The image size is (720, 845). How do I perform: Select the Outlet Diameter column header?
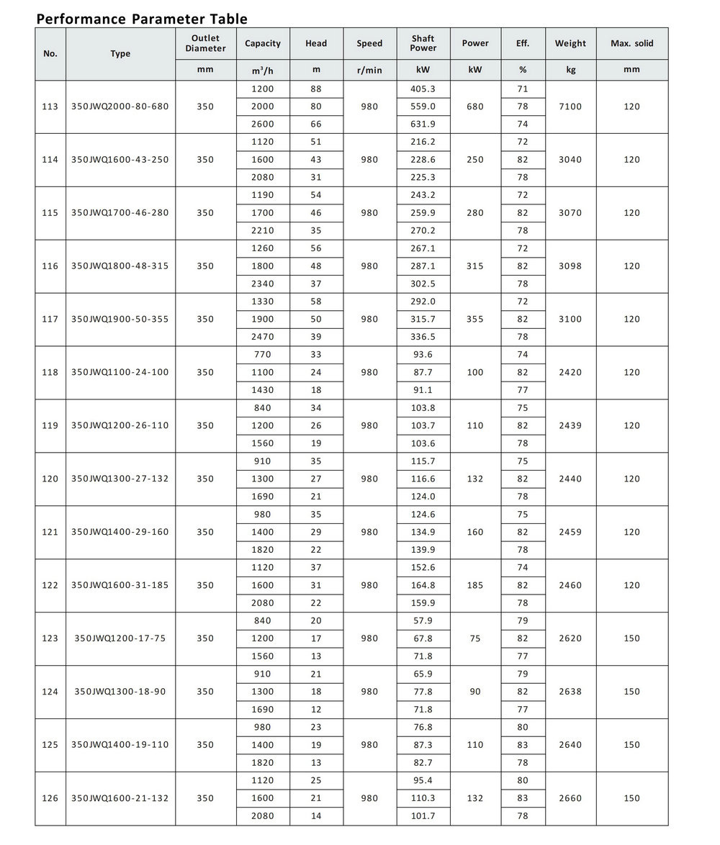(x=205, y=43)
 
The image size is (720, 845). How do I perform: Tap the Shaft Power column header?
(x=423, y=43)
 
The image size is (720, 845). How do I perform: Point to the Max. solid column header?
(x=631, y=43)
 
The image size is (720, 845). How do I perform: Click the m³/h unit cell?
(x=262, y=70)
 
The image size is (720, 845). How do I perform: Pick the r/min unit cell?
(x=369, y=70)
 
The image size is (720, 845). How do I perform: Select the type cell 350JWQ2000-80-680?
(x=120, y=107)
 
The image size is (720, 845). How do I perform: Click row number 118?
(x=50, y=373)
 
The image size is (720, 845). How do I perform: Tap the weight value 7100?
(x=570, y=107)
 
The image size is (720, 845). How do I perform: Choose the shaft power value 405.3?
(x=423, y=89)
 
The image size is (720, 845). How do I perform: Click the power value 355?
(x=475, y=320)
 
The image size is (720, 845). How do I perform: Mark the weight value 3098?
(x=570, y=266)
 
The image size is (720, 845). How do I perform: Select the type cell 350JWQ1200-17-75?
(x=120, y=638)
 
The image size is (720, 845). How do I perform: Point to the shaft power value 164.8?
(x=423, y=586)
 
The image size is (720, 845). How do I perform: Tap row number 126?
(x=50, y=798)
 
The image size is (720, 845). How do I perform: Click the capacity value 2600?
(x=262, y=125)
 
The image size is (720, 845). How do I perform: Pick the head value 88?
(x=316, y=89)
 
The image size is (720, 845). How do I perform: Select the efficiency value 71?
(x=523, y=89)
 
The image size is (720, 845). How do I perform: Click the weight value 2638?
(x=570, y=692)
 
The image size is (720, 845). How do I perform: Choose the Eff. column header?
(x=523, y=43)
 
